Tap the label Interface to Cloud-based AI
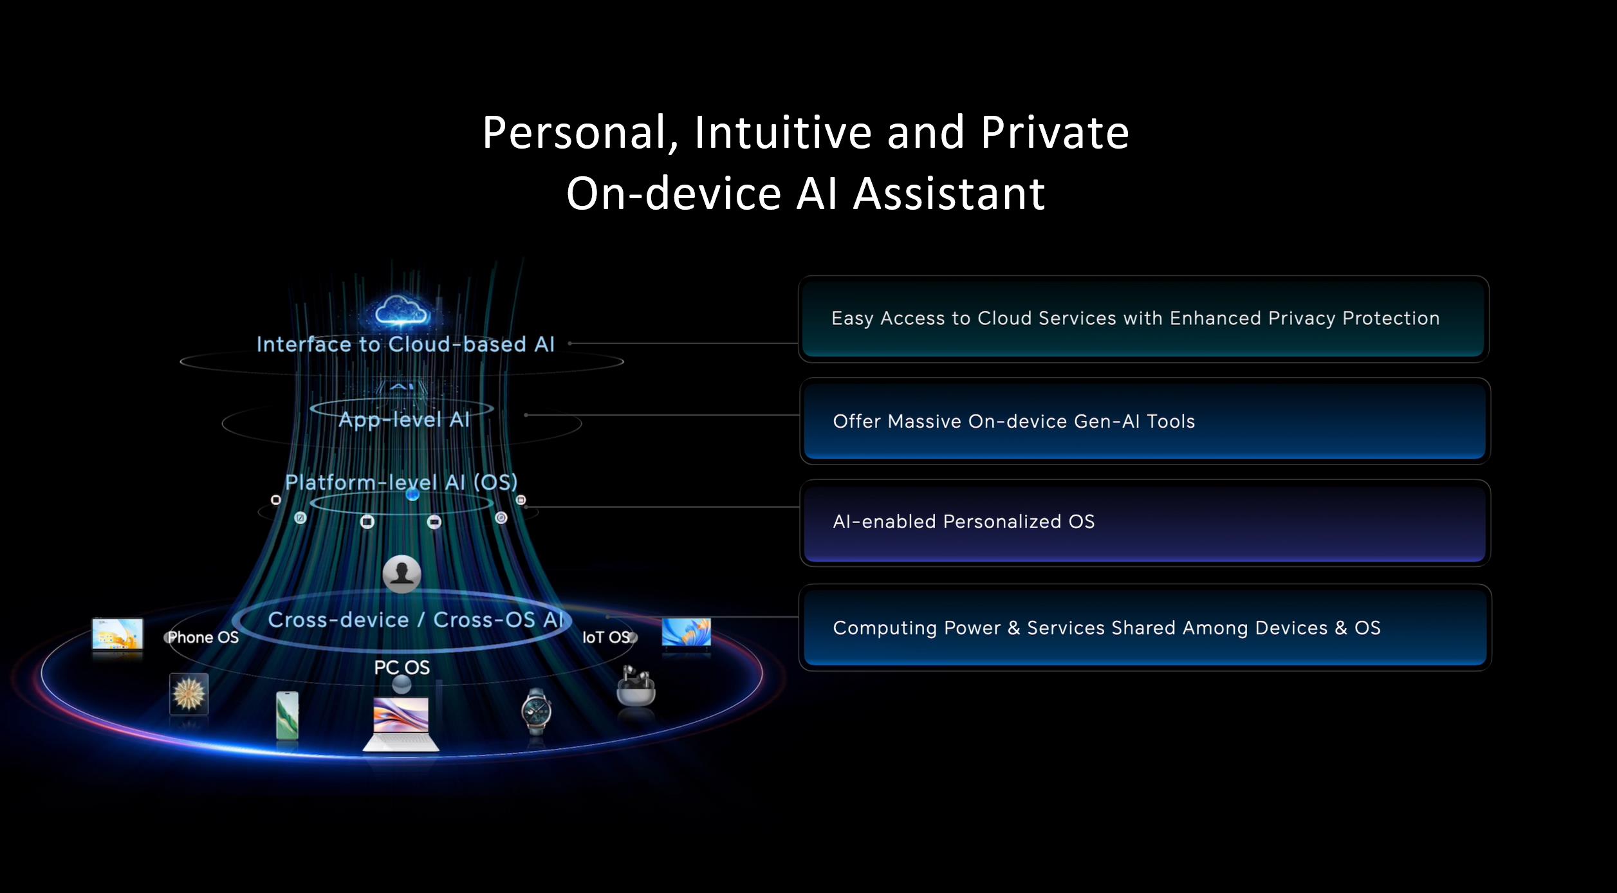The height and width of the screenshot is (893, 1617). pyautogui.click(x=405, y=344)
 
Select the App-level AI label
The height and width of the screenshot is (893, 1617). pyautogui.click(x=404, y=419)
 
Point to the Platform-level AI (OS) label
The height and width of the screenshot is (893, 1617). pyautogui.click(x=402, y=482)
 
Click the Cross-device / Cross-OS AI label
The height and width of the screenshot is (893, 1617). pyautogui.click(x=416, y=620)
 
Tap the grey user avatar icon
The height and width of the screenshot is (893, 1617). pyautogui.click(x=402, y=573)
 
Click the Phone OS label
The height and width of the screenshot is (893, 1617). pyautogui.click(x=203, y=638)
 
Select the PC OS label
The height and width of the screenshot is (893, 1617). pyautogui.click(x=402, y=667)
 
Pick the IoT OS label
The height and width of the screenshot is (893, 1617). pyautogui.click(x=606, y=638)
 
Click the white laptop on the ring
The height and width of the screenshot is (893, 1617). pyautogui.click(x=401, y=724)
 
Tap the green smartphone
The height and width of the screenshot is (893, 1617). pyautogui.click(x=287, y=715)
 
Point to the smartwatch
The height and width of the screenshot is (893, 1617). pyautogui.click(x=536, y=711)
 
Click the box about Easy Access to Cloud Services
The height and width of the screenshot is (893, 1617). pyautogui.click(x=1143, y=319)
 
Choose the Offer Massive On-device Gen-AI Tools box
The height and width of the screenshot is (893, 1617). pyautogui.click(x=1145, y=421)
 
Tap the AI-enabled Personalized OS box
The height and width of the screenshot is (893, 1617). pyautogui.click(x=1145, y=522)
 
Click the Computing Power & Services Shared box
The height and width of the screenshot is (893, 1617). pyautogui.click(x=1145, y=628)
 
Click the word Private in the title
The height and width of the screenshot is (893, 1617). pyautogui.click(x=1055, y=133)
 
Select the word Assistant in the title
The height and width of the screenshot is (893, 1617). pyautogui.click(x=949, y=193)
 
